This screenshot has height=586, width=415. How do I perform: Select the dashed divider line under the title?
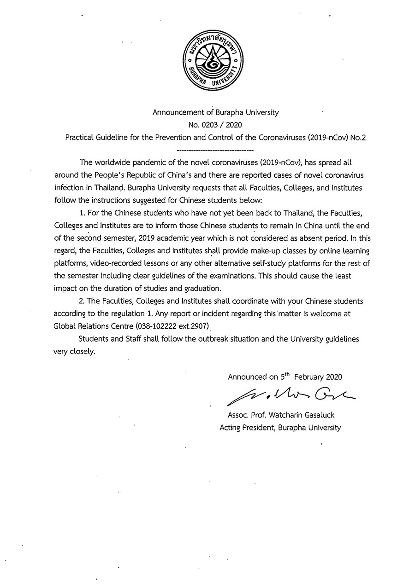pos(215,150)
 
